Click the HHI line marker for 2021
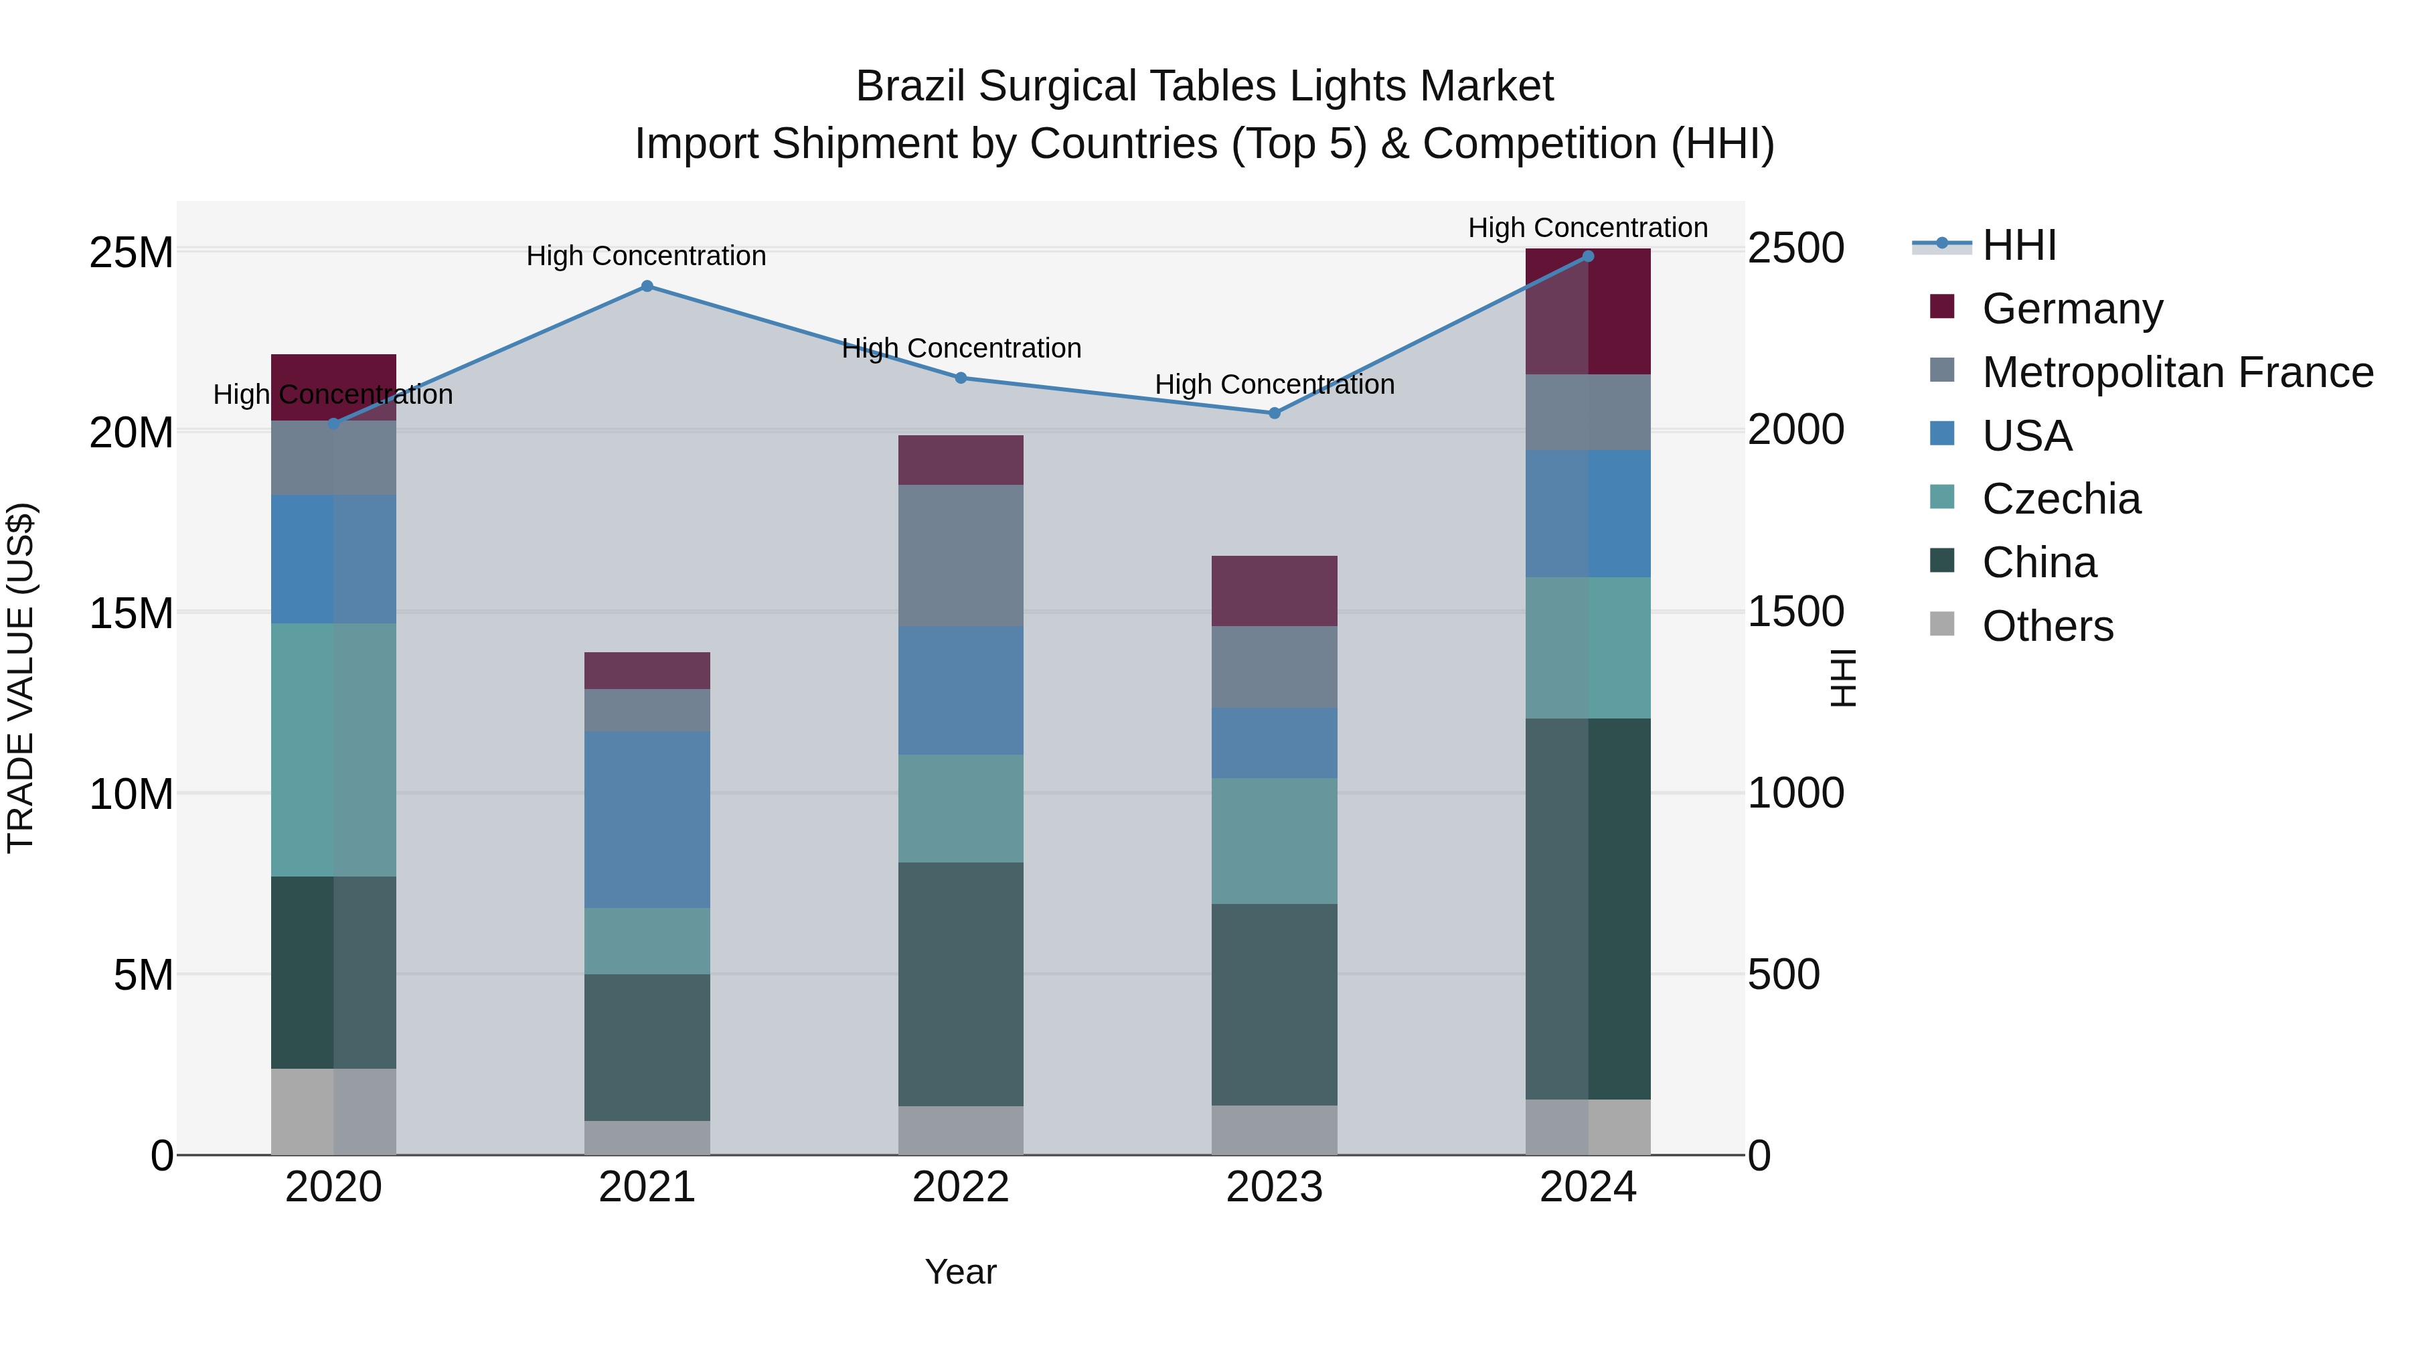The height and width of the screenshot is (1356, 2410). pyautogui.click(x=647, y=287)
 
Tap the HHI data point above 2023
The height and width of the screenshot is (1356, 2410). pyautogui.click(x=1274, y=412)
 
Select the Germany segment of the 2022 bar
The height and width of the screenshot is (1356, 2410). pyautogui.click(x=961, y=459)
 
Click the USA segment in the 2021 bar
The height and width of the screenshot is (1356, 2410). pyautogui.click(x=647, y=819)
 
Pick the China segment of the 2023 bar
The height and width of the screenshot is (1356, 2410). pyautogui.click(x=1274, y=1004)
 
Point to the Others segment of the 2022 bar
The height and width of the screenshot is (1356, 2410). pyautogui.click(x=961, y=1130)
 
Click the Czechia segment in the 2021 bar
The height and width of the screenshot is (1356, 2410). pyautogui.click(x=647, y=941)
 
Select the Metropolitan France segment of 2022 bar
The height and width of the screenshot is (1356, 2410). pyautogui.click(x=961, y=555)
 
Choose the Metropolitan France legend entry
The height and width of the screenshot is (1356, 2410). pyautogui.click(x=2176, y=372)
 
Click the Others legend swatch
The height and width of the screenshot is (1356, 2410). pyautogui.click(x=1942, y=624)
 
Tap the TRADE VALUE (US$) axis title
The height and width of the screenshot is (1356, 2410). pyautogui.click(x=21, y=678)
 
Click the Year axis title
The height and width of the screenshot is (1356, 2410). pyautogui.click(x=961, y=1272)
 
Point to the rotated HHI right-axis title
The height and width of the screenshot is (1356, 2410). pyautogui.click(x=1842, y=678)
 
